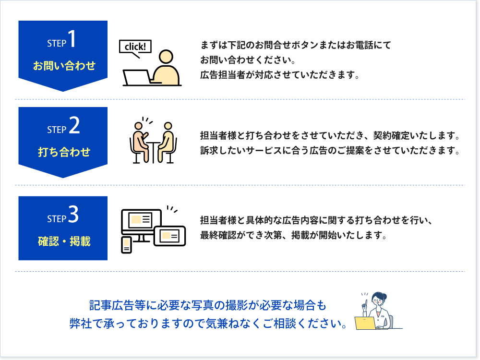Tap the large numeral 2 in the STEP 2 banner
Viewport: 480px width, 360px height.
pyautogui.click(x=74, y=125)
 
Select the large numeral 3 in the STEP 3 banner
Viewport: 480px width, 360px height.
pyautogui.click(x=73, y=214)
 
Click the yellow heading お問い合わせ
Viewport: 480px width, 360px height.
pyautogui.click(x=64, y=65)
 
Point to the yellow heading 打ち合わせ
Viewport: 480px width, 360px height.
pyautogui.click(x=64, y=152)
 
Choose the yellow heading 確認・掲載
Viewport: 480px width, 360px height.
pyautogui.click(x=64, y=241)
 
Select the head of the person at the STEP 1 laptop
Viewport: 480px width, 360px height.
pyautogui.click(x=166, y=57)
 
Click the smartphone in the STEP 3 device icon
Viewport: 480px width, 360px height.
pyautogui.click(x=126, y=245)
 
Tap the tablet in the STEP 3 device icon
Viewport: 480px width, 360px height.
pyautogui.click(x=169, y=236)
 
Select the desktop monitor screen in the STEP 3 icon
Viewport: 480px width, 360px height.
pyautogui.click(x=141, y=220)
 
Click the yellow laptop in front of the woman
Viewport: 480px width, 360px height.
pyautogui.click(x=365, y=323)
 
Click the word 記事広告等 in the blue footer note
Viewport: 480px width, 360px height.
pyautogui.click(x=118, y=305)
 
